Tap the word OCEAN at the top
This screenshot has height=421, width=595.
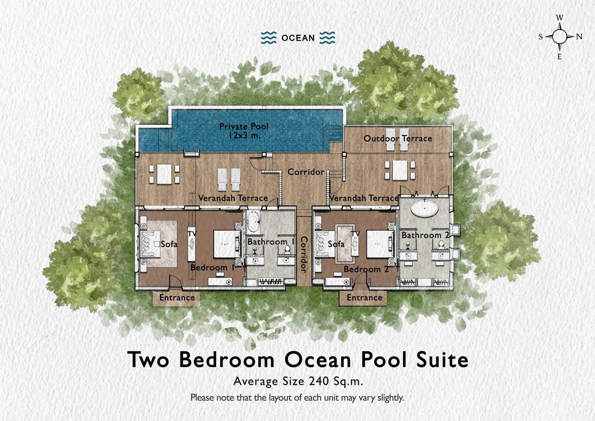[x=298, y=38]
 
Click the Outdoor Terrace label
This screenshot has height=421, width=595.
[x=397, y=138]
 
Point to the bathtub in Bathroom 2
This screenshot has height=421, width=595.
[x=425, y=208]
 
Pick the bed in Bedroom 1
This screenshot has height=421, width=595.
[x=226, y=244]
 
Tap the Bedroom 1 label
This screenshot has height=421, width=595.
[x=212, y=267]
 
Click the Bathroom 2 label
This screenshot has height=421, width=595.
[x=425, y=235]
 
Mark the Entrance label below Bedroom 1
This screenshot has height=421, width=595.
[x=177, y=298]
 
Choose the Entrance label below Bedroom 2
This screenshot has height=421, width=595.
[x=364, y=298]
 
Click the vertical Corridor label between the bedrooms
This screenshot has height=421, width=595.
[x=304, y=255]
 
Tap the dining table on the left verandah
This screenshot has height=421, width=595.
[x=164, y=174]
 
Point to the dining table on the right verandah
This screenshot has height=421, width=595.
[x=400, y=170]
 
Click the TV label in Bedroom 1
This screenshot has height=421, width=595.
[x=192, y=234]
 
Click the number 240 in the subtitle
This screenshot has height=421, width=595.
[x=319, y=381]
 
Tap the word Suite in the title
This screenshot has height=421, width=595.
[x=442, y=360]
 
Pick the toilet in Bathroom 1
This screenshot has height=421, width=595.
[x=287, y=249]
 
